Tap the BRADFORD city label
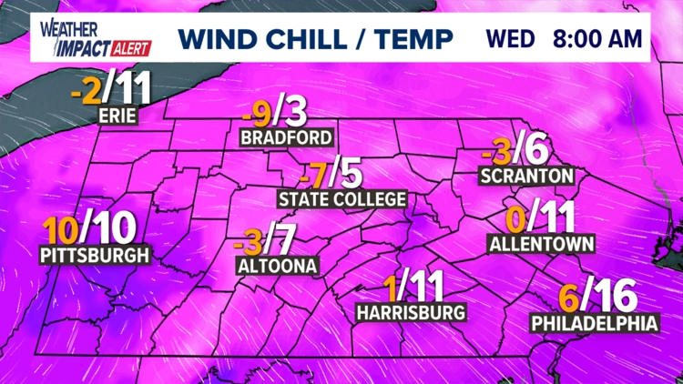coord(287,138)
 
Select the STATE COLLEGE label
coord(341,198)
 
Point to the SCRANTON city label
coord(526,175)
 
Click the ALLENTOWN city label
coord(542,243)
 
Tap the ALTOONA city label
coord(276,266)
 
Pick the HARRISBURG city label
coord(412,312)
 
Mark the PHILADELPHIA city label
coord(595,322)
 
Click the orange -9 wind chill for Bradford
coord(258,114)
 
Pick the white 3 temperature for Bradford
coord(296,114)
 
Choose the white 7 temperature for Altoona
coord(285,241)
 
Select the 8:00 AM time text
coord(597,40)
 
